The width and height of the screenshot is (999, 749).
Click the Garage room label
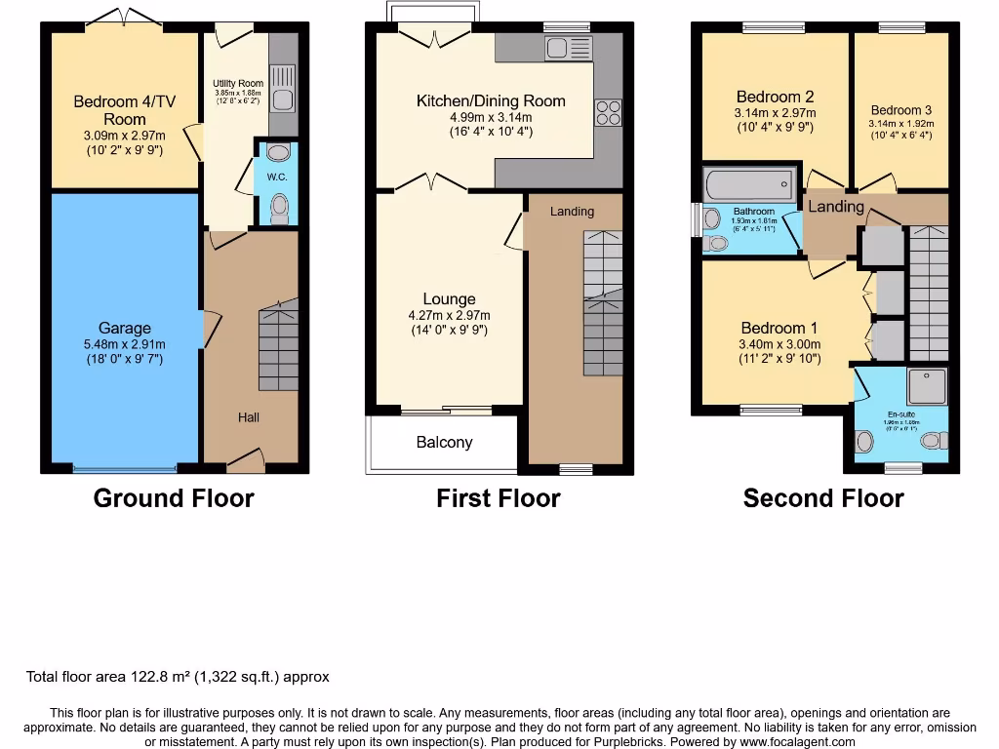[124, 329]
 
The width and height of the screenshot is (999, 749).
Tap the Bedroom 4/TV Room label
[117, 110]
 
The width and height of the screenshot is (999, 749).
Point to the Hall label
[249, 417]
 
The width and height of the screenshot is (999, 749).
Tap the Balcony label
[444, 442]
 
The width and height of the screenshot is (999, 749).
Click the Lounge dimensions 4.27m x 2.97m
[449, 315]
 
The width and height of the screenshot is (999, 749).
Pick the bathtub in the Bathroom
[749, 184]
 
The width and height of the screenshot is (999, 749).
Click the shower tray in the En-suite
[927, 387]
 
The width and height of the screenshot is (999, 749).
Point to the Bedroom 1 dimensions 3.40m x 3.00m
[780, 343]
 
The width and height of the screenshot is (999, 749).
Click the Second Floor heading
[822, 498]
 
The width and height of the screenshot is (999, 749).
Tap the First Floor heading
[498, 498]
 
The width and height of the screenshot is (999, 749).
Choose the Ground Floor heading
[174, 498]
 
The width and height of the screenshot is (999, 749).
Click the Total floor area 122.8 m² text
[178, 677]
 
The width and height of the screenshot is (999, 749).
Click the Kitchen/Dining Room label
[491, 100]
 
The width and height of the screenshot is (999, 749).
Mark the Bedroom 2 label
[775, 97]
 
